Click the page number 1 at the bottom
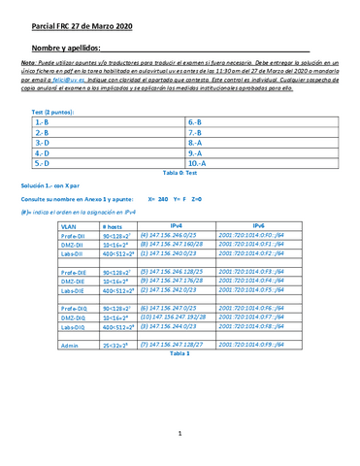180,446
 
